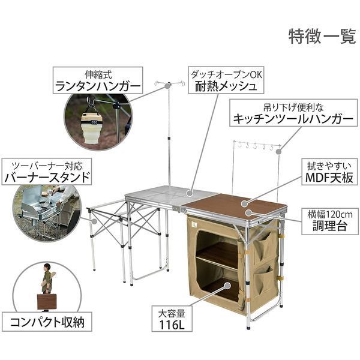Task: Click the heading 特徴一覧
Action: click(322, 36)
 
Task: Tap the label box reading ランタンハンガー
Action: click(98, 80)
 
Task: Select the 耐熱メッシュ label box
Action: click(226, 80)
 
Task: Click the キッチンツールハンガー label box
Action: click(293, 113)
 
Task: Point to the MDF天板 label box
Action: click(329, 172)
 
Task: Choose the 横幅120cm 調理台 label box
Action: click(329, 221)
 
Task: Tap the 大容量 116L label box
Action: click(172, 319)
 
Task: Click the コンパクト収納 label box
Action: click(47, 322)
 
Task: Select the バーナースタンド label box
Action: click(47, 172)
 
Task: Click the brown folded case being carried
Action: click(47, 302)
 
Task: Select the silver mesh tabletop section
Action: click(170, 195)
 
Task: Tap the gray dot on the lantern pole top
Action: click(167, 86)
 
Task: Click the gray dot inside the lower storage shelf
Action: click(227, 286)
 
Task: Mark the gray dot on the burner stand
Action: click(94, 221)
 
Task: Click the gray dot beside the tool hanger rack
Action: click(278, 152)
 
